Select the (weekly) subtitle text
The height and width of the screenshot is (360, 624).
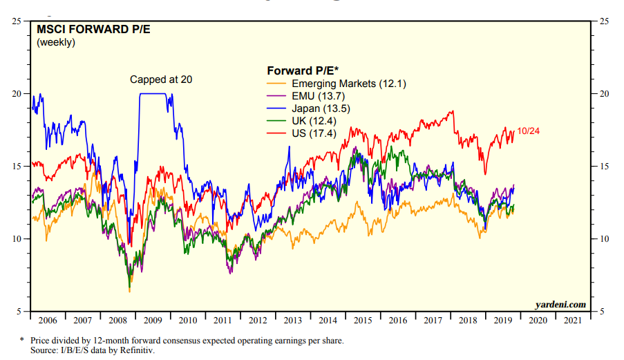click(56, 43)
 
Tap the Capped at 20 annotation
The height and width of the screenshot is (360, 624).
click(161, 79)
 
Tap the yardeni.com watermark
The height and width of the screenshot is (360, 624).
click(560, 304)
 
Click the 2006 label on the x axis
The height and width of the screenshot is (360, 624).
click(48, 321)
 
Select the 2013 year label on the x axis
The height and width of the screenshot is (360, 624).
click(293, 321)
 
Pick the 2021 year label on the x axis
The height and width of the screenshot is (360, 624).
click(573, 321)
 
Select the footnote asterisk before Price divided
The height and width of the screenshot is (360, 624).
click(23, 340)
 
